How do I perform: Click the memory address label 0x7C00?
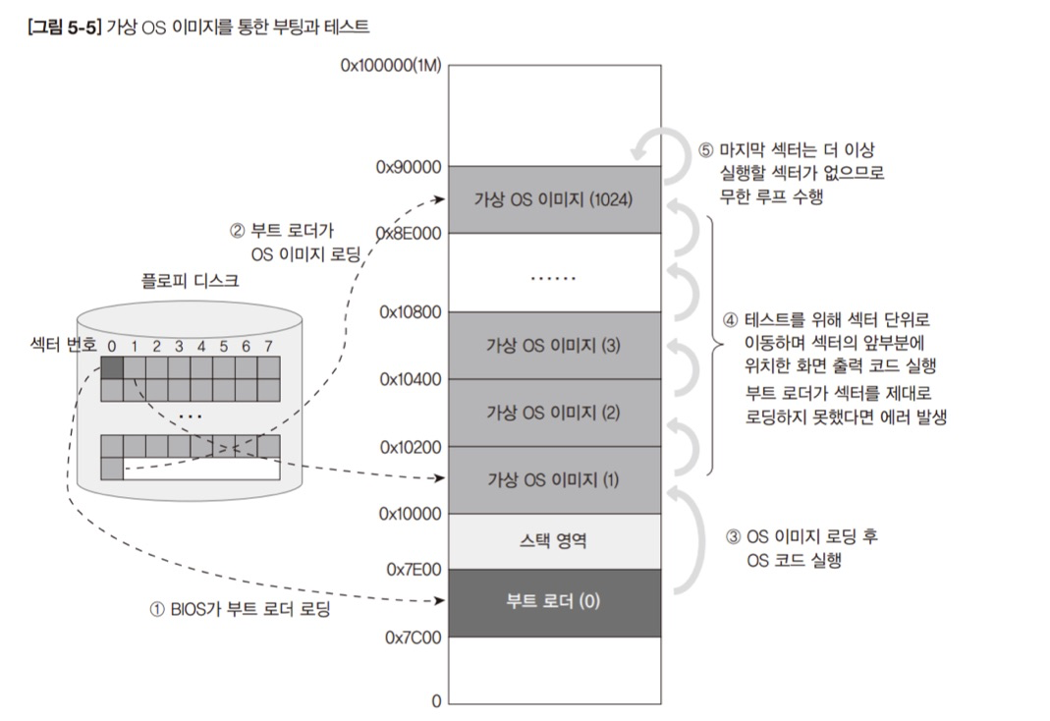pyautogui.click(x=413, y=638)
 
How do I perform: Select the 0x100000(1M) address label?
pyautogui.click(x=390, y=67)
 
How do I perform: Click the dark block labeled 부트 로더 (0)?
pyautogui.click(x=553, y=601)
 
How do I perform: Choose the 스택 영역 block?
pyautogui.click(x=553, y=540)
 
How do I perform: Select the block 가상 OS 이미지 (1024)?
pyautogui.click(x=553, y=198)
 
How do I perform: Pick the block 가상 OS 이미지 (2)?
pyautogui.click(x=553, y=412)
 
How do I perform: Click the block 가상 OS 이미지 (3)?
pyautogui.click(x=553, y=345)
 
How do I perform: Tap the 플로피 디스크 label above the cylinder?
pyautogui.click(x=189, y=280)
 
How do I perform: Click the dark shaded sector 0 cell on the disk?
pyautogui.click(x=113, y=367)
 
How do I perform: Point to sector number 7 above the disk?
pyautogui.click(x=268, y=346)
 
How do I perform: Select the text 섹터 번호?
pyautogui.click(x=63, y=346)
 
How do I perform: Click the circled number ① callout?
pyautogui.click(x=156, y=609)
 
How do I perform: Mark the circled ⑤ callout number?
pyautogui.click(x=705, y=151)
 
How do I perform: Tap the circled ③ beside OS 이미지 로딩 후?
pyautogui.click(x=733, y=537)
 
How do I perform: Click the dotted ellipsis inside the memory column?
pyautogui.click(x=553, y=278)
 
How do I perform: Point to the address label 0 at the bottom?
pyautogui.click(x=436, y=701)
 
